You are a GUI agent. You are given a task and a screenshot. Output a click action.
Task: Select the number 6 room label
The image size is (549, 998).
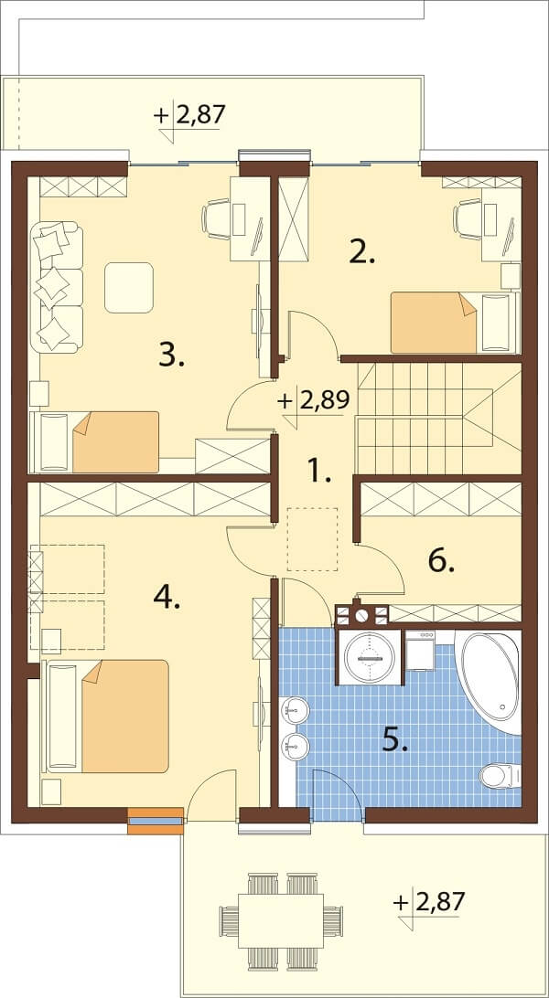coord(441,561)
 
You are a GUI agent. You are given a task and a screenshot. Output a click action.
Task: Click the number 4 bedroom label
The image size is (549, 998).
coord(167,598)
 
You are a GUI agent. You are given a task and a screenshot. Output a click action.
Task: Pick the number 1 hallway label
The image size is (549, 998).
coord(318,471)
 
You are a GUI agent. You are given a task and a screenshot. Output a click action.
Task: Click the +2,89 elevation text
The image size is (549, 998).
coord(313,403)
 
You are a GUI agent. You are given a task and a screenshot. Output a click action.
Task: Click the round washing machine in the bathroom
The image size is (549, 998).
coord(369,658)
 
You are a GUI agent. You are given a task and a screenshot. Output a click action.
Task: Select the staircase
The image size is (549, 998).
coord(438,418)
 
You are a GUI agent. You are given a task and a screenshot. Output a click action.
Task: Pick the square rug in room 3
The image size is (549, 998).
coord(129,288)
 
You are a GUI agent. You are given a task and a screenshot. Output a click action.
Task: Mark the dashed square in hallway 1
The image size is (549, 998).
coord(312,539)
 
